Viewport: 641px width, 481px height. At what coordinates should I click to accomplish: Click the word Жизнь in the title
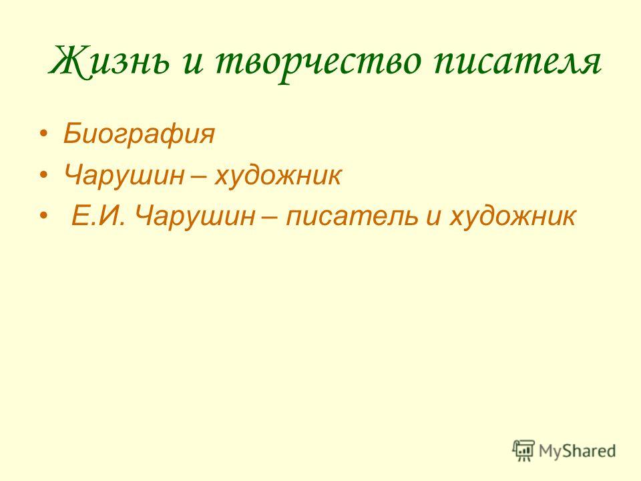click(x=109, y=61)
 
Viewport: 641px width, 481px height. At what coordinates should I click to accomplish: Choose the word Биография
click(x=139, y=134)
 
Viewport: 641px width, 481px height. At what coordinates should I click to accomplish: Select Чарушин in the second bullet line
click(x=124, y=175)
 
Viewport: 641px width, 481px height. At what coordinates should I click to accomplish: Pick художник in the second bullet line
click(x=278, y=175)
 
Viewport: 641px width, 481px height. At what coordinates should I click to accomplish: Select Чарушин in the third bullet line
click(x=194, y=216)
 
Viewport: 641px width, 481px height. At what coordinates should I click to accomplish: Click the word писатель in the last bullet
click(x=352, y=216)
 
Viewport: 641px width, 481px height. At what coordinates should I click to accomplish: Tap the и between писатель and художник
click(x=433, y=218)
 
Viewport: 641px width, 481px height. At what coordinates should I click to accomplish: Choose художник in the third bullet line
click(x=513, y=216)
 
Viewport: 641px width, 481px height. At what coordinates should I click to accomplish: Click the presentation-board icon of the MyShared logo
click(x=523, y=451)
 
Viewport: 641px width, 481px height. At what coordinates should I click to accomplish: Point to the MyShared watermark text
click(x=577, y=451)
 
